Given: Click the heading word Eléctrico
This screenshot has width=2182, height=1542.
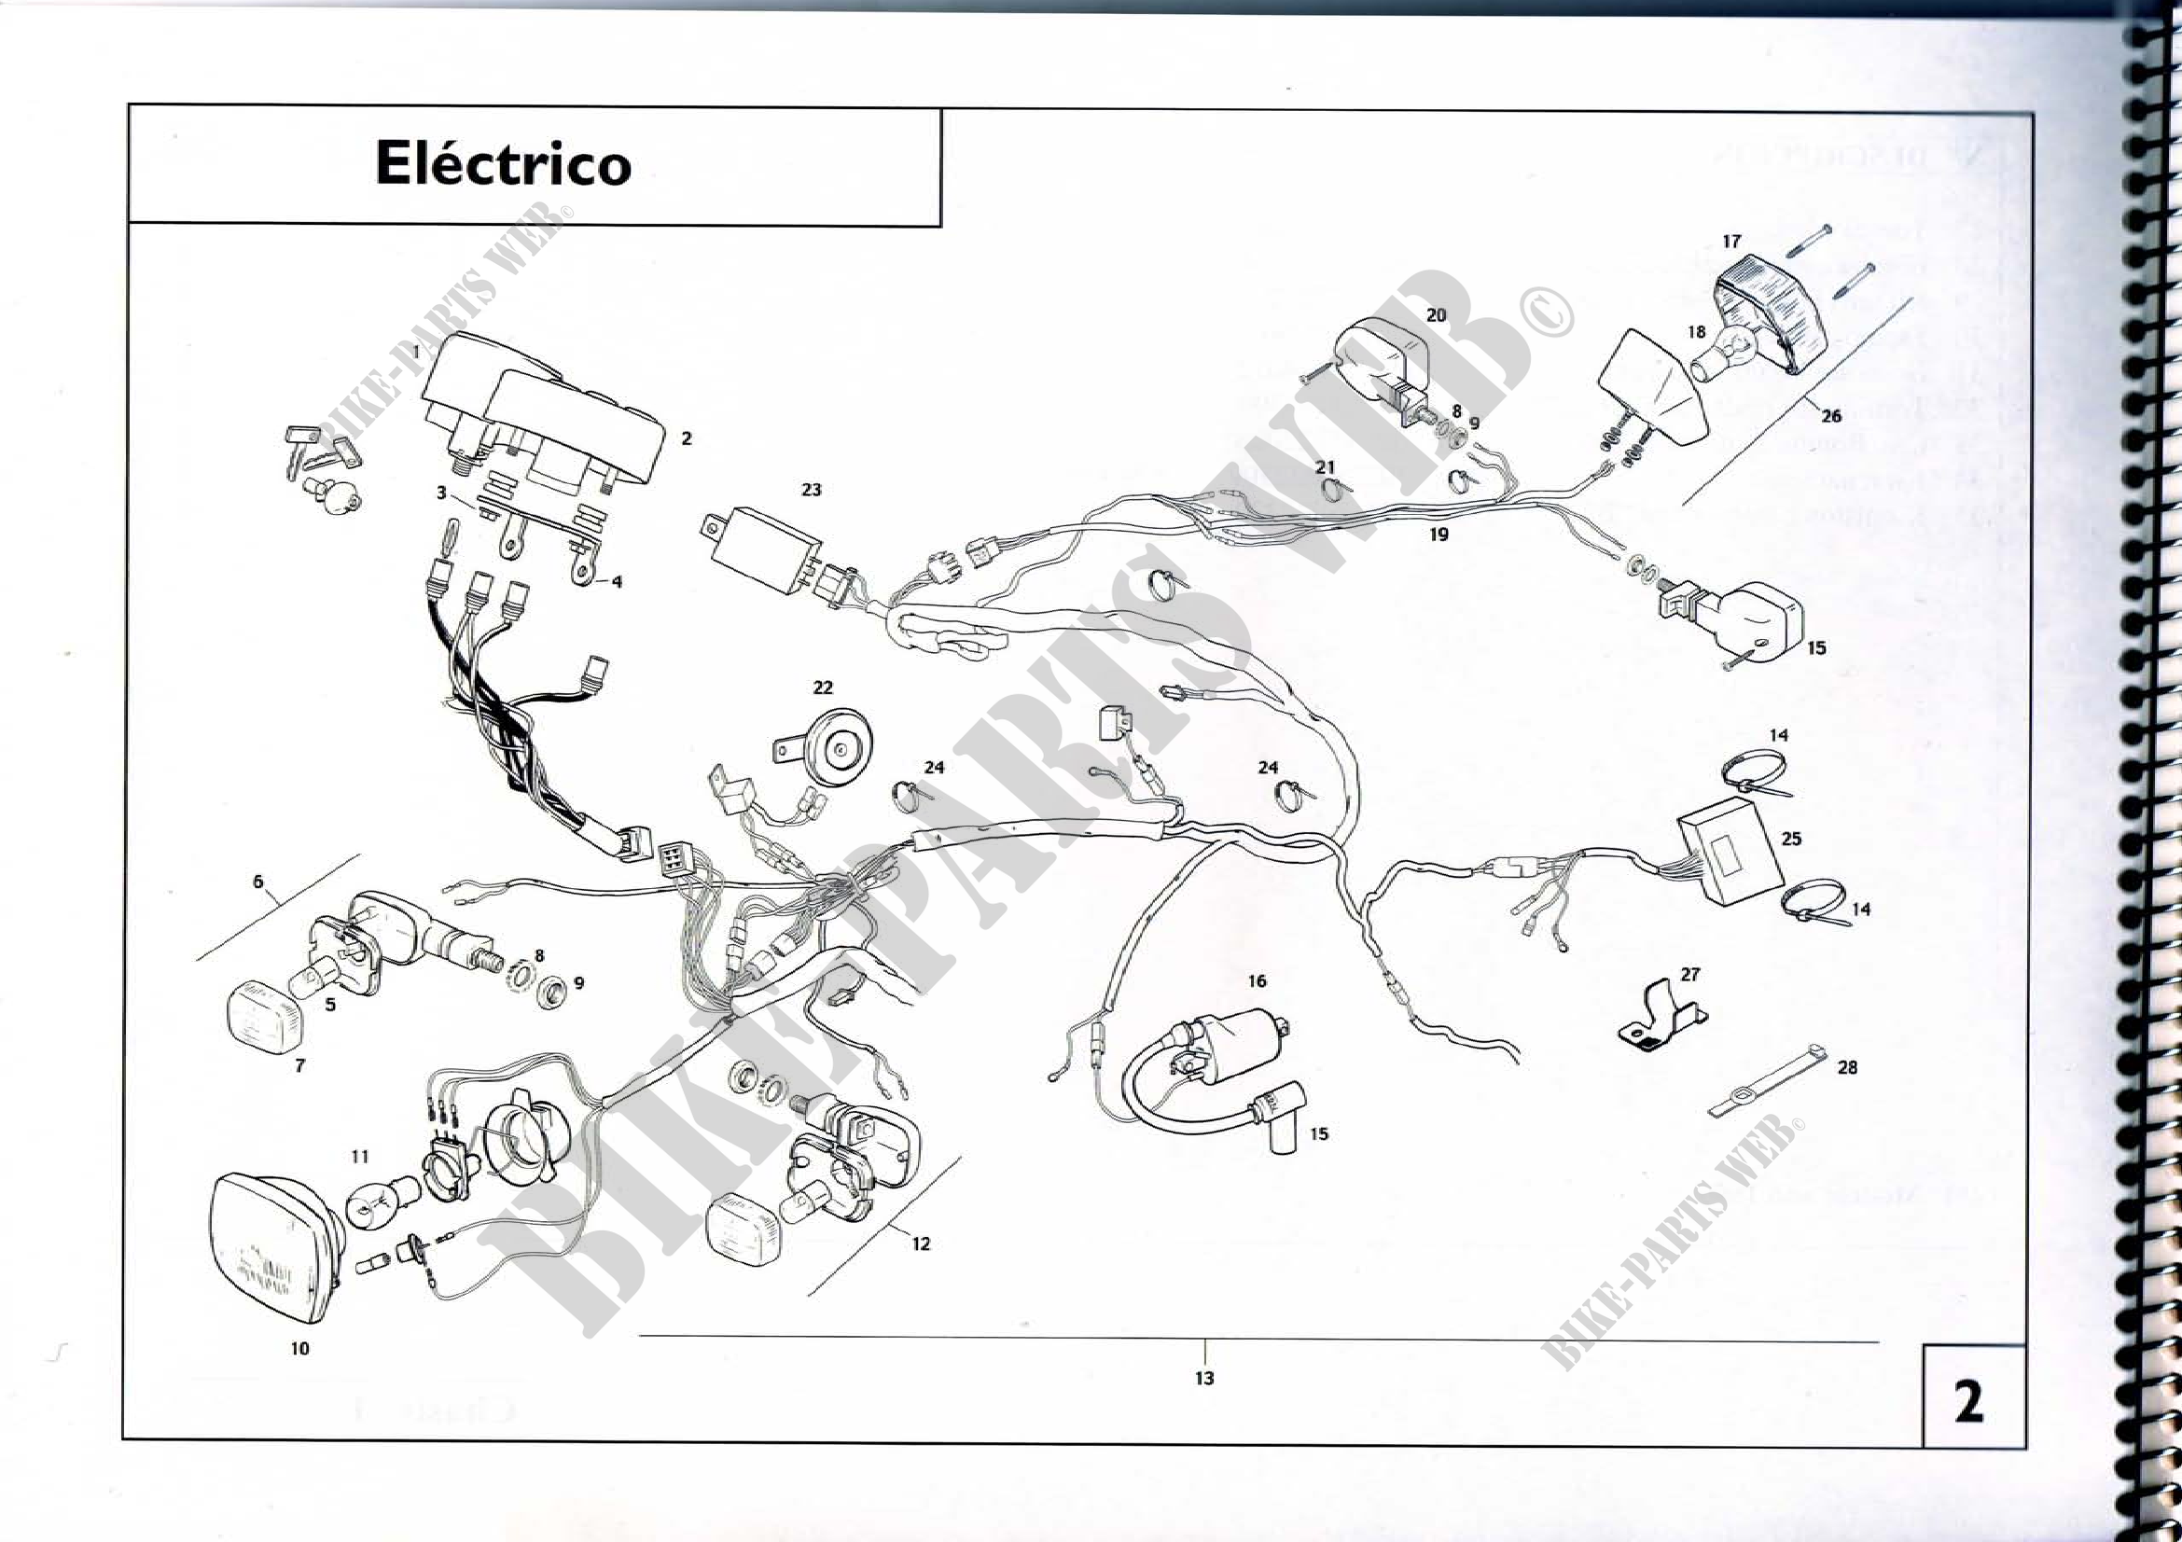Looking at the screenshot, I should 503,163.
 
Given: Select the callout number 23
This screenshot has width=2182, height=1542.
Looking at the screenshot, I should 811,490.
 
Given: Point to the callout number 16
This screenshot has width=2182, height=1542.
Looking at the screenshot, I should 1258,980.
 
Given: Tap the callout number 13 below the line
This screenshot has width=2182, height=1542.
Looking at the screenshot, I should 1204,1378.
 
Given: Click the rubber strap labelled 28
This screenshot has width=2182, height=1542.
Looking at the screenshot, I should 1766,1082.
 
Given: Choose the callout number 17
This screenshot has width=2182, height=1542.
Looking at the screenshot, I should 1730,242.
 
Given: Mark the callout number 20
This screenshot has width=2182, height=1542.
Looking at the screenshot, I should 1436,314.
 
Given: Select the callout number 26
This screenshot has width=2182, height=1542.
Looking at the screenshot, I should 1830,415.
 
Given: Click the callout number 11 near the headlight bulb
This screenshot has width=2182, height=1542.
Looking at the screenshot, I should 359,1156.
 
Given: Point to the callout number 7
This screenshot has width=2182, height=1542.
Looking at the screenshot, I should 299,1065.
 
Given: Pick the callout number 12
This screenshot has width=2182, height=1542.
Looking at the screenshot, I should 920,1243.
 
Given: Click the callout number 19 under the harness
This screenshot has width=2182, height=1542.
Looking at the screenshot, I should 1438,534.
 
